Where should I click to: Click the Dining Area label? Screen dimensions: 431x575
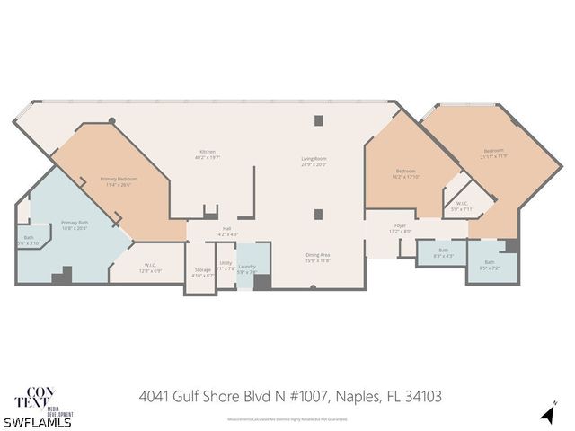coord(318,257)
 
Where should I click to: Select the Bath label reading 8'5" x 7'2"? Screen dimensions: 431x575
coord(489,265)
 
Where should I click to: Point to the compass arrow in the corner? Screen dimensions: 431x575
coord(545,414)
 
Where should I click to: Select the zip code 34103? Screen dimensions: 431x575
coord(421,395)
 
